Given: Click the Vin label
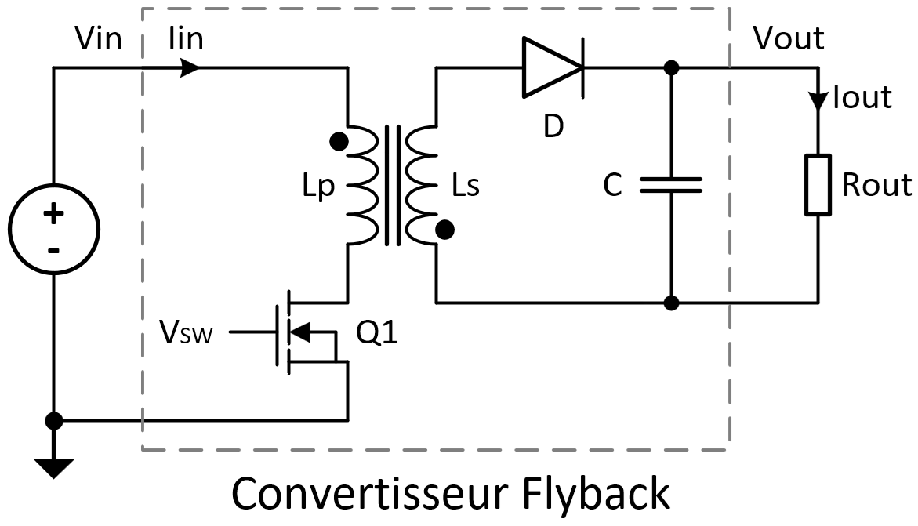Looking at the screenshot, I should pos(98,38).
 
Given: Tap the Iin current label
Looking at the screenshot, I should pos(186,38).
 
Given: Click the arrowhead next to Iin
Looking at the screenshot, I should pos(189,67).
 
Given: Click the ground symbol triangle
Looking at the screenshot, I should pos(54,467).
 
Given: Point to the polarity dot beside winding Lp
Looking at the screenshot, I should pos(339,141).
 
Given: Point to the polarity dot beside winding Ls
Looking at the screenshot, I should pos(445,230).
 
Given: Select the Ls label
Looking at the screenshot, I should pos(466,187).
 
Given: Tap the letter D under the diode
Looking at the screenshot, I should pos(553,126).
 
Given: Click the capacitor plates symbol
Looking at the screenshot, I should pos(671,185).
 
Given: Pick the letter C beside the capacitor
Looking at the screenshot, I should pos(612,186).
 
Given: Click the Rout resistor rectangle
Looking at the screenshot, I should pos(818,184).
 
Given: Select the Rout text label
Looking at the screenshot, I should pos(876,185).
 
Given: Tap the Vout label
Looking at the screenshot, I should pos(788,38).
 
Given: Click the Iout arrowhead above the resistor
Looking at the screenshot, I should pos(818,100).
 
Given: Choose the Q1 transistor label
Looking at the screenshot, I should pos(377,335).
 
